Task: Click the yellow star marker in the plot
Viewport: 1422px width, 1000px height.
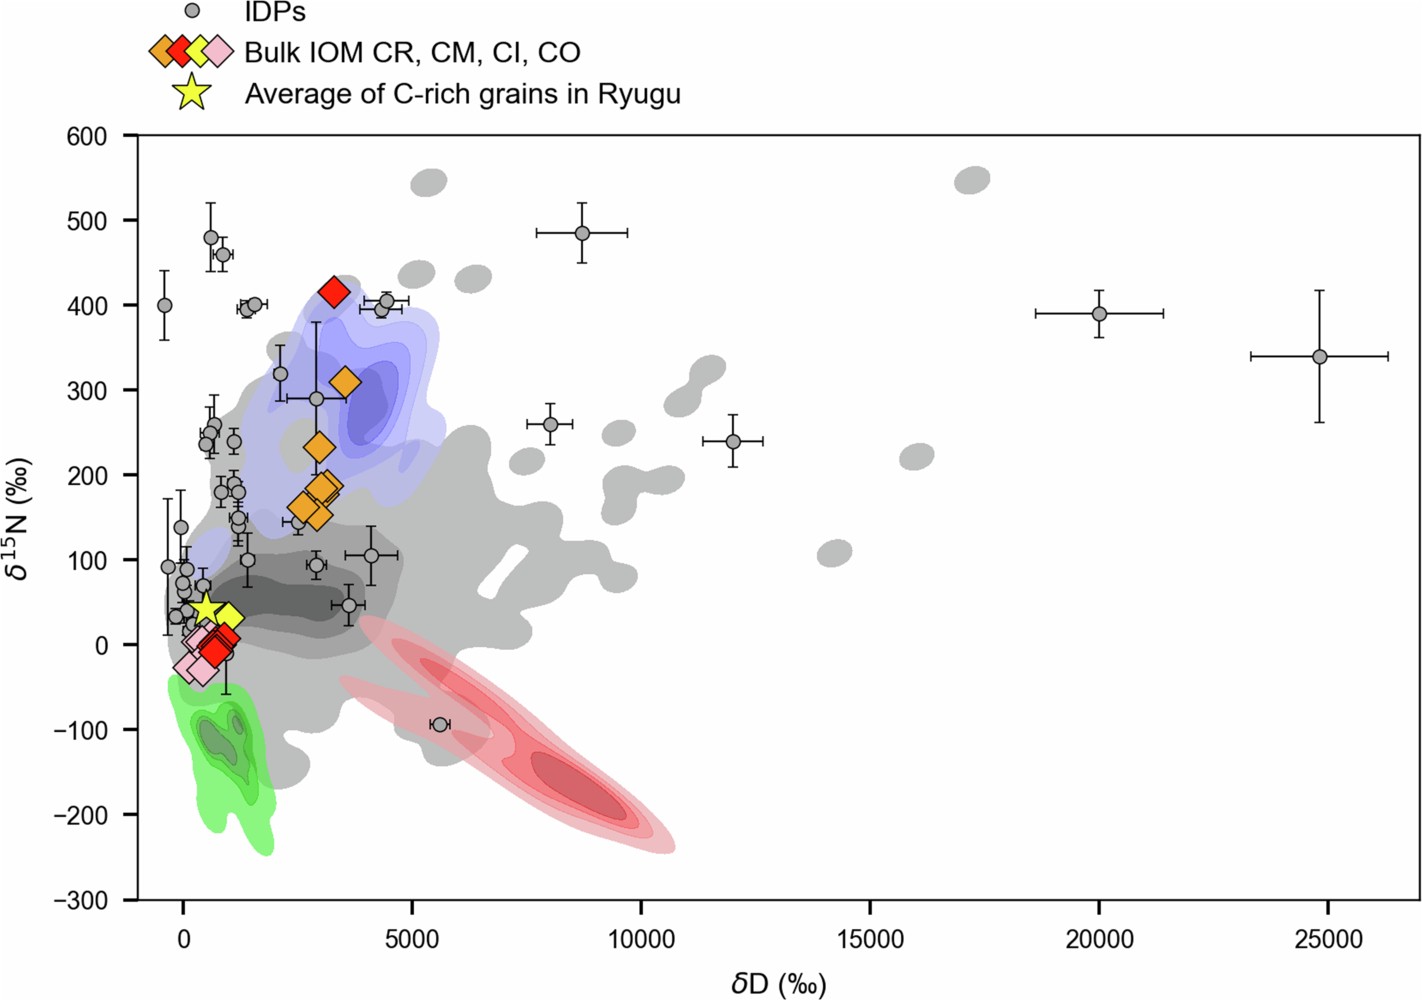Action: [205, 607]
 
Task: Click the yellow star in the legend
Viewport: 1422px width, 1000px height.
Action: [191, 93]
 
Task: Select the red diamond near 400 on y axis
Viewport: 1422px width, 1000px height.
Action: [334, 293]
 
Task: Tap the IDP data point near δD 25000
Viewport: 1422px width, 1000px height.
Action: [1319, 357]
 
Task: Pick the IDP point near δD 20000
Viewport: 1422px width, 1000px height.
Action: [1099, 314]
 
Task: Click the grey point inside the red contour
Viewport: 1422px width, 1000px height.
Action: [439, 724]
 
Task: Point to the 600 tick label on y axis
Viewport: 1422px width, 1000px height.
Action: [88, 136]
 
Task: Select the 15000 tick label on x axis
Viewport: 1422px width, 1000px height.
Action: [870, 939]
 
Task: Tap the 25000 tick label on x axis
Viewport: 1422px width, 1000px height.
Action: [1327, 939]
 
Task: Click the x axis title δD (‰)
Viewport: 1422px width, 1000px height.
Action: [779, 983]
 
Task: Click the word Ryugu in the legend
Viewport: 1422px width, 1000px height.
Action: [639, 94]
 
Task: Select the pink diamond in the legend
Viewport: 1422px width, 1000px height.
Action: [217, 51]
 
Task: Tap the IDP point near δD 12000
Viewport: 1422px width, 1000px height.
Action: [733, 441]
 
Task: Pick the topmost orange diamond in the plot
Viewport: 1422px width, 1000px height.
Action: [345, 382]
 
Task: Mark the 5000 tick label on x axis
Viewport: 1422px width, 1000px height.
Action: [412, 939]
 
